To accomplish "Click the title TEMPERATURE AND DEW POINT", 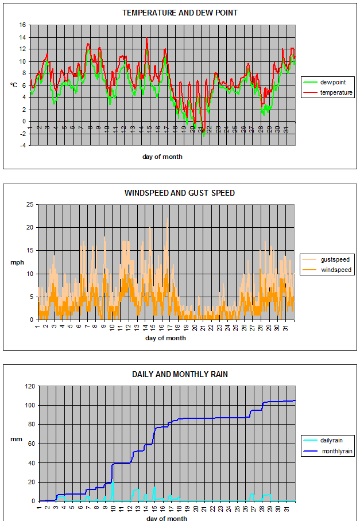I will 180,13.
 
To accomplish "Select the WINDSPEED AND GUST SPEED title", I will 180,193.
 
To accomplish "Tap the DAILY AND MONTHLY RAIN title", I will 180,374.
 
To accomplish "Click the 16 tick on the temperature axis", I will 22,25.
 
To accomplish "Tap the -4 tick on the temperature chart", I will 22,145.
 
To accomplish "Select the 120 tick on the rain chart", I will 29,386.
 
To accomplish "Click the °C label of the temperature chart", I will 13,85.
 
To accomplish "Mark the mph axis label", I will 16,262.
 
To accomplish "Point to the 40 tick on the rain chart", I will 31,463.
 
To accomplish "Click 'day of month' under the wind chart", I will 165,338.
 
